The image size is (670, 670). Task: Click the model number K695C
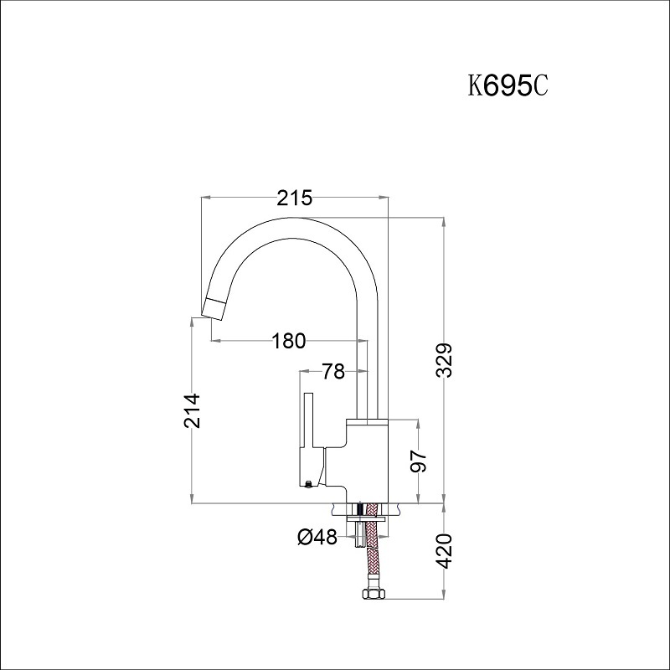click(x=508, y=86)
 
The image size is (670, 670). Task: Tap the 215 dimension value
click(x=295, y=198)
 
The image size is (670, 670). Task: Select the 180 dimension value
click(x=289, y=341)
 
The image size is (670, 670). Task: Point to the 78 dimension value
click(x=333, y=371)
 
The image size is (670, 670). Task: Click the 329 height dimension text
click(x=445, y=360)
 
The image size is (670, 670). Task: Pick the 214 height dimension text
click(x=192, y=410)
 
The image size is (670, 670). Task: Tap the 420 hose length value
click(x=445, y=551)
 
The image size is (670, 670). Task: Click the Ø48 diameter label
click(x=317, y=537)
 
